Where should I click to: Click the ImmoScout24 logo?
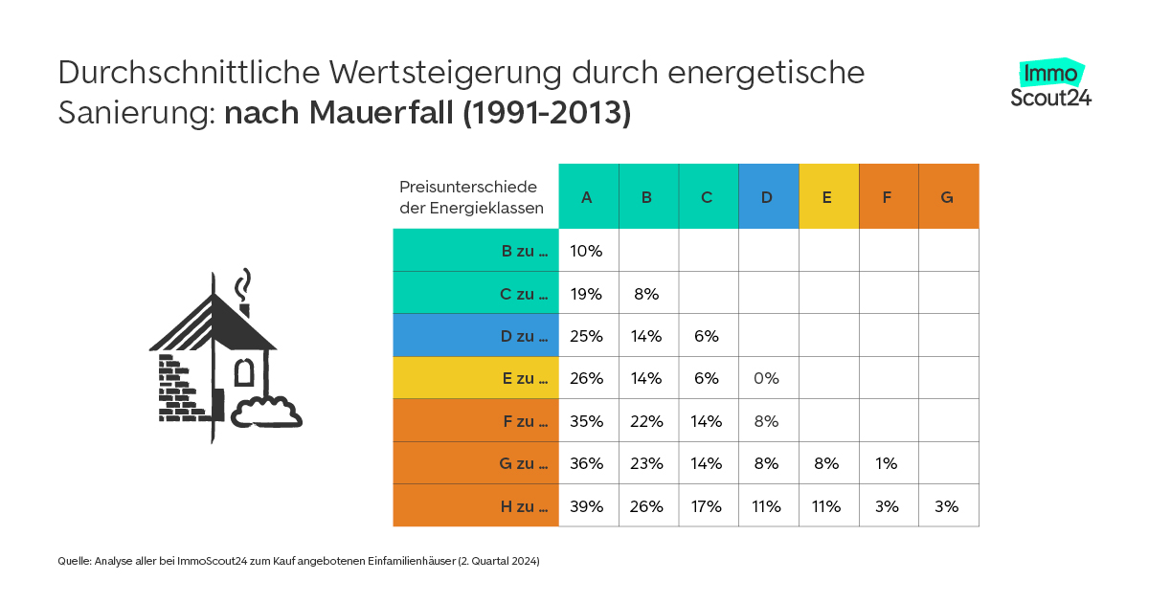[1051, 83]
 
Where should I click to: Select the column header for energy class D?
[768, 197]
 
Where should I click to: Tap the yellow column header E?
[827, 197]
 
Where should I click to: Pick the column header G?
[948, 197]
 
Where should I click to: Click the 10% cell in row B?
[587, 251]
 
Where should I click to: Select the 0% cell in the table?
[767, 378]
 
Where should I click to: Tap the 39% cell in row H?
[587, 506]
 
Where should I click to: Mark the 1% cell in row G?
[887, 463]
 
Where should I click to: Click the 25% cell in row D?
[587, 336]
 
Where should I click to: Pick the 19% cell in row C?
[587, 294]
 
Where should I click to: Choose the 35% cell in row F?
[587, 421]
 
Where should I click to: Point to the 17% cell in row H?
[707, 506]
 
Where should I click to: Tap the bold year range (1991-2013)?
[547, 112]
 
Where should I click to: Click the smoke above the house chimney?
[246, 284]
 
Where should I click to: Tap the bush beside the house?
[266, 412]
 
